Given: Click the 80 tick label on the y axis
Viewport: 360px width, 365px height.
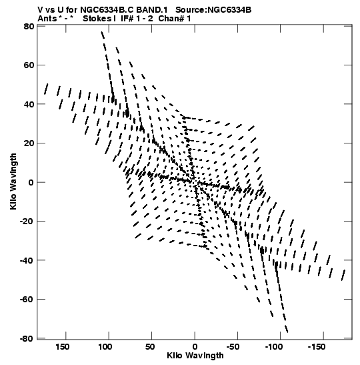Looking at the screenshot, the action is coord(29,26).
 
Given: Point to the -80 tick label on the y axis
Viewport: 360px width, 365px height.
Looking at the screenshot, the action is coord(27,339).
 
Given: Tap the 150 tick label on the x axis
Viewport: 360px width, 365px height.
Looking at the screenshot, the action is coord(62,347).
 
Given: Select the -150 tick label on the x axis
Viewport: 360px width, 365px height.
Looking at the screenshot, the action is coord(317,347).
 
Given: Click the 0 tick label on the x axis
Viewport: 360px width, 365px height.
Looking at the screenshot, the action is coord(195,347).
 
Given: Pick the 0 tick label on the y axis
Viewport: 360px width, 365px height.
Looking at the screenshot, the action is coord(31,182).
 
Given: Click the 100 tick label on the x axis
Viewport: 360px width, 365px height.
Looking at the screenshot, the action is coord(105,347).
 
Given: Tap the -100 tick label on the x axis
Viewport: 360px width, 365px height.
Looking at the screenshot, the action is coord(274,347).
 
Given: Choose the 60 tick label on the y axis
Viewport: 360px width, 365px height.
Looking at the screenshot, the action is coord(29,65).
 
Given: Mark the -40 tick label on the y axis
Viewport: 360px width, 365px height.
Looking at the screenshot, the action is coord(27,260).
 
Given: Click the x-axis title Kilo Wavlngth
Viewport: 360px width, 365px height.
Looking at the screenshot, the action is coord(195,356).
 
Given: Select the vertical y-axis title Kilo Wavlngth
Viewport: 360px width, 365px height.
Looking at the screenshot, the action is coord(13,181).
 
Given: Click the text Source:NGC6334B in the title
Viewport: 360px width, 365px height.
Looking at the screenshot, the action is coord(213,10).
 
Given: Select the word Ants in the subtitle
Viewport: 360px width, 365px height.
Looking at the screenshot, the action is coord(47,19).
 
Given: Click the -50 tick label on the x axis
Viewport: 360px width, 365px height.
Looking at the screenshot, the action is coord(233,347).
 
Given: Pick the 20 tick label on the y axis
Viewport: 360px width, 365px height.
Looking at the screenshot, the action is coord(29,143).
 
